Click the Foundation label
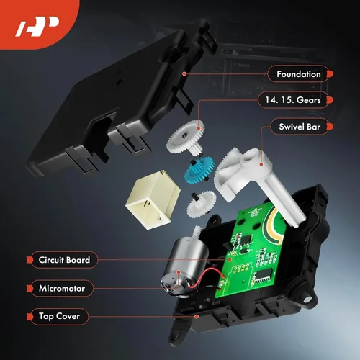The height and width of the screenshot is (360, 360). pos(299,74)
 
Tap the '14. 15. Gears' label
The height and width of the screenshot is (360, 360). pos(293,100)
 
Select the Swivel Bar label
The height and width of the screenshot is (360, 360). pos(300,127)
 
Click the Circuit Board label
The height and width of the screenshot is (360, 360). pos(64,260)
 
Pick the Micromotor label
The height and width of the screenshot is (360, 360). pos(62,288)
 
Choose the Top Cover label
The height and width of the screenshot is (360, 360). pos(59,316)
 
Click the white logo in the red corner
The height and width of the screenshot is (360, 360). pos(37,27)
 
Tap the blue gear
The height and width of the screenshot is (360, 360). pos(199,168)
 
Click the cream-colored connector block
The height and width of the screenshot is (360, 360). pos(153,199)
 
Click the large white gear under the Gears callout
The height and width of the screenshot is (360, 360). pos(186,137)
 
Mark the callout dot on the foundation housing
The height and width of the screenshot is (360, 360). pos(184,74)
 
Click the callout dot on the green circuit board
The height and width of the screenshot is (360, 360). pos(230,259)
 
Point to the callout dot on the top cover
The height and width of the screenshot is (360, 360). pos(197,317)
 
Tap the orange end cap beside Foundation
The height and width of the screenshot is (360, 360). pos(330,74)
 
